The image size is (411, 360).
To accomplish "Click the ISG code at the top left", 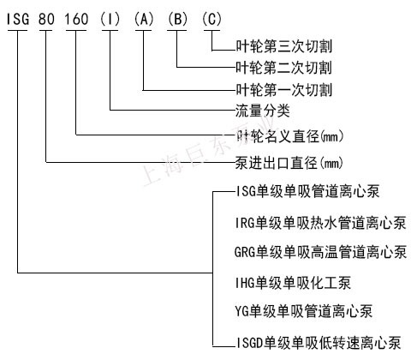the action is (18, 20).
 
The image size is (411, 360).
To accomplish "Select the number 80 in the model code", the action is (46, 20).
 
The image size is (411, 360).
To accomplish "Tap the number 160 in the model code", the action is (76, 20).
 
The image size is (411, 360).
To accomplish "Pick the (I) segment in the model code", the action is (110, 20).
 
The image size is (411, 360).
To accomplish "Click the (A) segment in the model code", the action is (144, 20).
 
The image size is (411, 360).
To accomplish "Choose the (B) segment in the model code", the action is (177, 20).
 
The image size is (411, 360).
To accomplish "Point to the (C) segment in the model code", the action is (211, 20).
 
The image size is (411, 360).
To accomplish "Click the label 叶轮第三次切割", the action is (284, 46).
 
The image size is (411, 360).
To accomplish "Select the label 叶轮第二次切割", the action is (284, 68).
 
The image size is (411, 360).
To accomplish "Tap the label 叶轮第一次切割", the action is (284, 90).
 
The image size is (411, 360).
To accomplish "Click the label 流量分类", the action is (263, 111).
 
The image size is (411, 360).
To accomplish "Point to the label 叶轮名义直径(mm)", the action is (289, 136).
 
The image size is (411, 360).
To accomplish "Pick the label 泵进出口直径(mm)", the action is (289, 163).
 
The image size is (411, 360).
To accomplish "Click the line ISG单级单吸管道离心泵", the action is (307, 191).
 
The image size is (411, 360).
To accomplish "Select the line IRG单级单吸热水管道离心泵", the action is (320, 223).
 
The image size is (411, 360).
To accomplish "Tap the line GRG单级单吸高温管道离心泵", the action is (320, 252).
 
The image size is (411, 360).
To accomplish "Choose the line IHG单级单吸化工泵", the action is (293, 283).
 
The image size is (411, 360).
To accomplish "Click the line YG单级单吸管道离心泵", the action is (304, 311).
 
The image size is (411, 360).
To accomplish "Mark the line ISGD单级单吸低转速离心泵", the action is (319, 343).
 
